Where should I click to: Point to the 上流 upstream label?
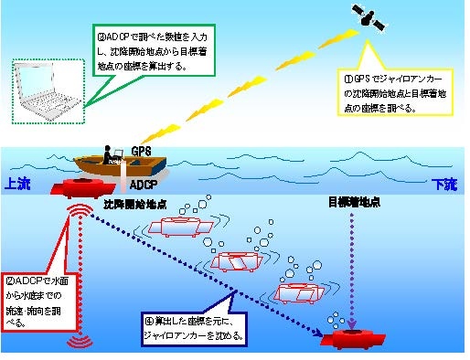pyautogui.click(x=20, y=183)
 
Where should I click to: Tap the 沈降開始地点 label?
pyautogui.click(x=136, y=202)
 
